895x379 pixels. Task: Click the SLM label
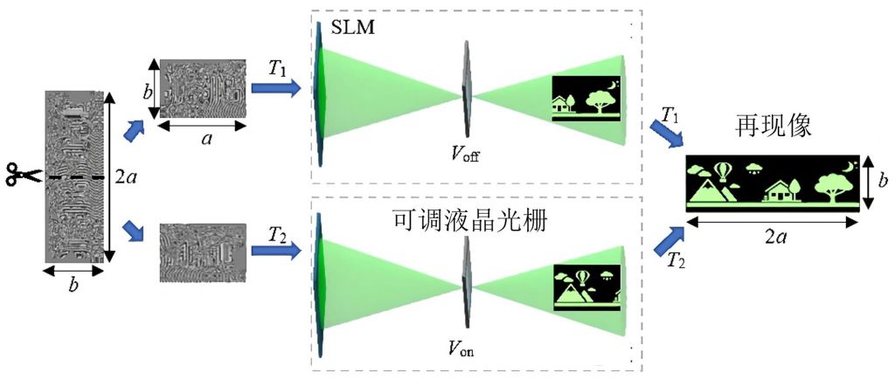pos(353,27)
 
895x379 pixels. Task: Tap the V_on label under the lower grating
pos(462,347)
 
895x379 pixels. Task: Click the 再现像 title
pos(774,126)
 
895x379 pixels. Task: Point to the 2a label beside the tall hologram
pos(125,178)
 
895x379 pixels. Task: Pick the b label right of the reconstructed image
pos(882,183)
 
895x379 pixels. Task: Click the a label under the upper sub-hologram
pos(204,139)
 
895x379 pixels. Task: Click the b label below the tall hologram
pos(73,286)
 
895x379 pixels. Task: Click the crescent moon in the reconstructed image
pos(851,167)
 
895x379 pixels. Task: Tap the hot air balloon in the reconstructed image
pos(723,171)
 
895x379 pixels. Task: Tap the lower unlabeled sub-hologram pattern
pos(203,252)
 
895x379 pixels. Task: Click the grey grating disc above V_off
pos(467,90)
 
